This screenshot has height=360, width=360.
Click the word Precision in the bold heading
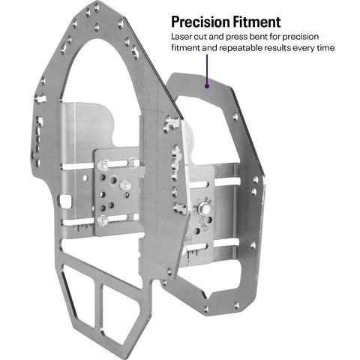coord(199,22)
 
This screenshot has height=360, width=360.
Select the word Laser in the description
coord(180,37)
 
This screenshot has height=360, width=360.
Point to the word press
coord(237,37)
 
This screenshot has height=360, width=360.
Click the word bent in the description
coord(257,37)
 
